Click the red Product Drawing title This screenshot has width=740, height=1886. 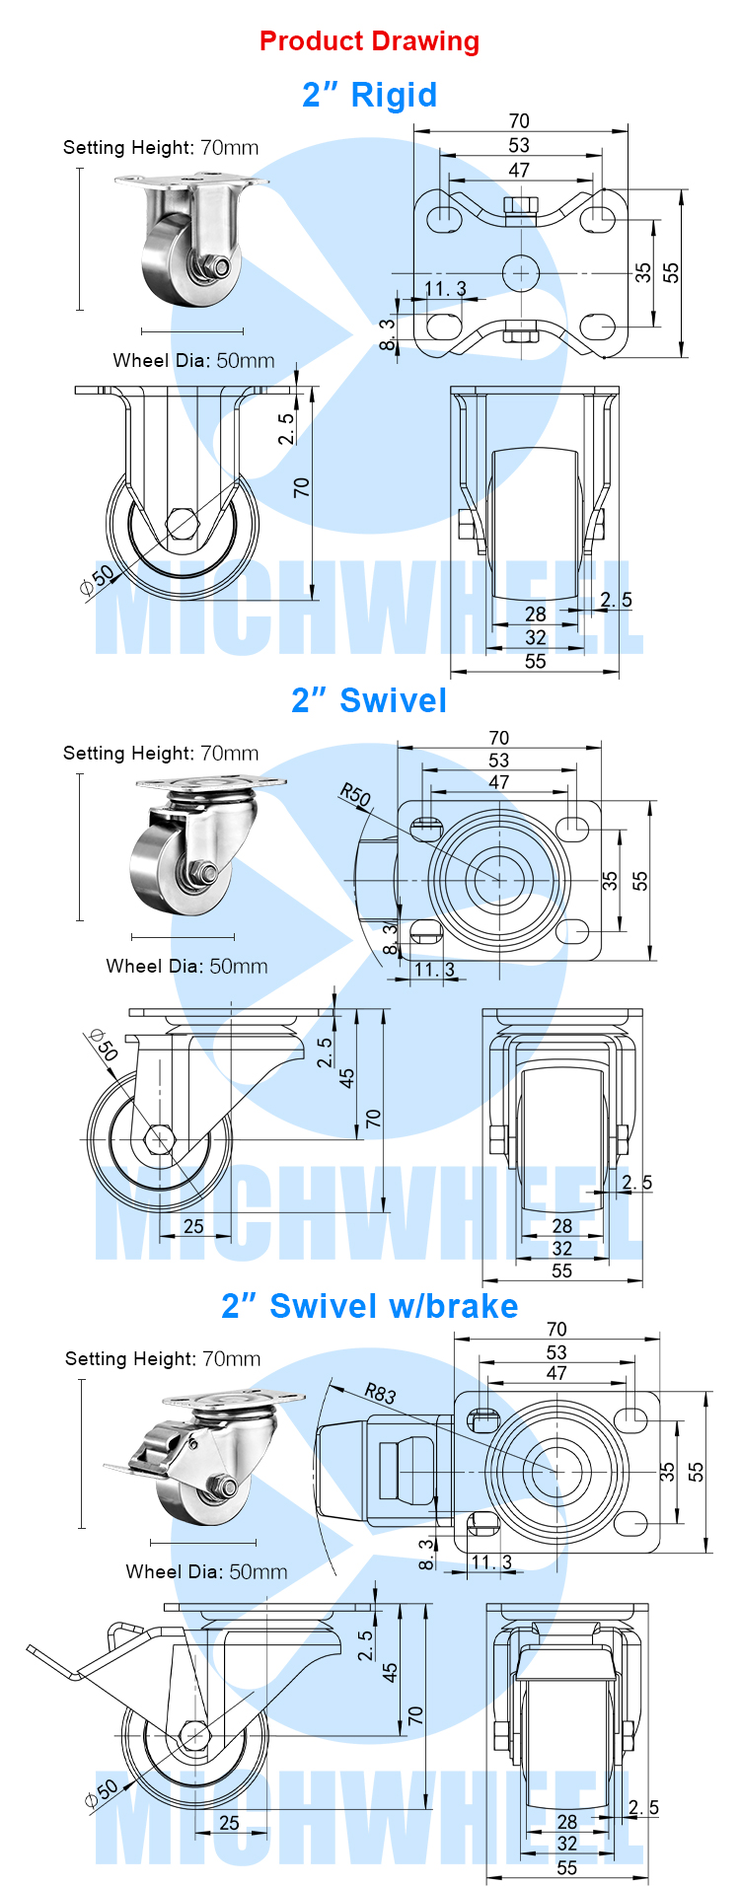(x=370, y=41)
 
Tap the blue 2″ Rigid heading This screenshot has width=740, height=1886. (x=370, y=95)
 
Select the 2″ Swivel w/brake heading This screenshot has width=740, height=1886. (x=370, y=1306)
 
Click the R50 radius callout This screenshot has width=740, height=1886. (x=354, y=795)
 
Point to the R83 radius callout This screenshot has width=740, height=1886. (x=380, y=1393)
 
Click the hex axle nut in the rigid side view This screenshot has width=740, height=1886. (x=182, y=522)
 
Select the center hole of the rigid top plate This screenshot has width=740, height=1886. (x=520, y=271)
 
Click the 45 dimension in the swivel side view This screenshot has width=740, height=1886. (x=346, y=1078)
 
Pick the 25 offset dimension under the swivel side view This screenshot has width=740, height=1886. (x=193, y=1226)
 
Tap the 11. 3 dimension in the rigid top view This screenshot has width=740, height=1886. (x=445, y=289)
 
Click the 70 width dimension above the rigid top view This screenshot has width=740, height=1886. (x=519, y=120)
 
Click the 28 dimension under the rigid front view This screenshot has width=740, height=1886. (x=536, y=614)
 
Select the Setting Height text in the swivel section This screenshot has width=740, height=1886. (x=161, y=753)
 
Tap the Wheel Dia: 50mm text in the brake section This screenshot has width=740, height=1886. (x=207, y=1571)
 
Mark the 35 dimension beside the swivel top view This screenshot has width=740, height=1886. (x=611, y=880)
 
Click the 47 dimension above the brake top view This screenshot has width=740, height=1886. (x=556, y=1373)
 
